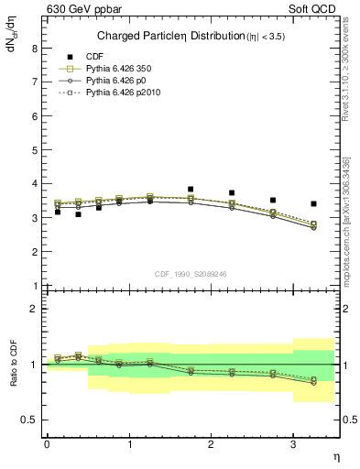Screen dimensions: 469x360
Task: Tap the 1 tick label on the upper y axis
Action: click(x=35, y=286)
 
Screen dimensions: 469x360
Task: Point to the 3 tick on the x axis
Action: click(x=293, y=443)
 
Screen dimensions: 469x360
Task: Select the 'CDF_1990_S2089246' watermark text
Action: click(x=190, y=273)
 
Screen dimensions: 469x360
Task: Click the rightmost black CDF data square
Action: click(x=314, y=203)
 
